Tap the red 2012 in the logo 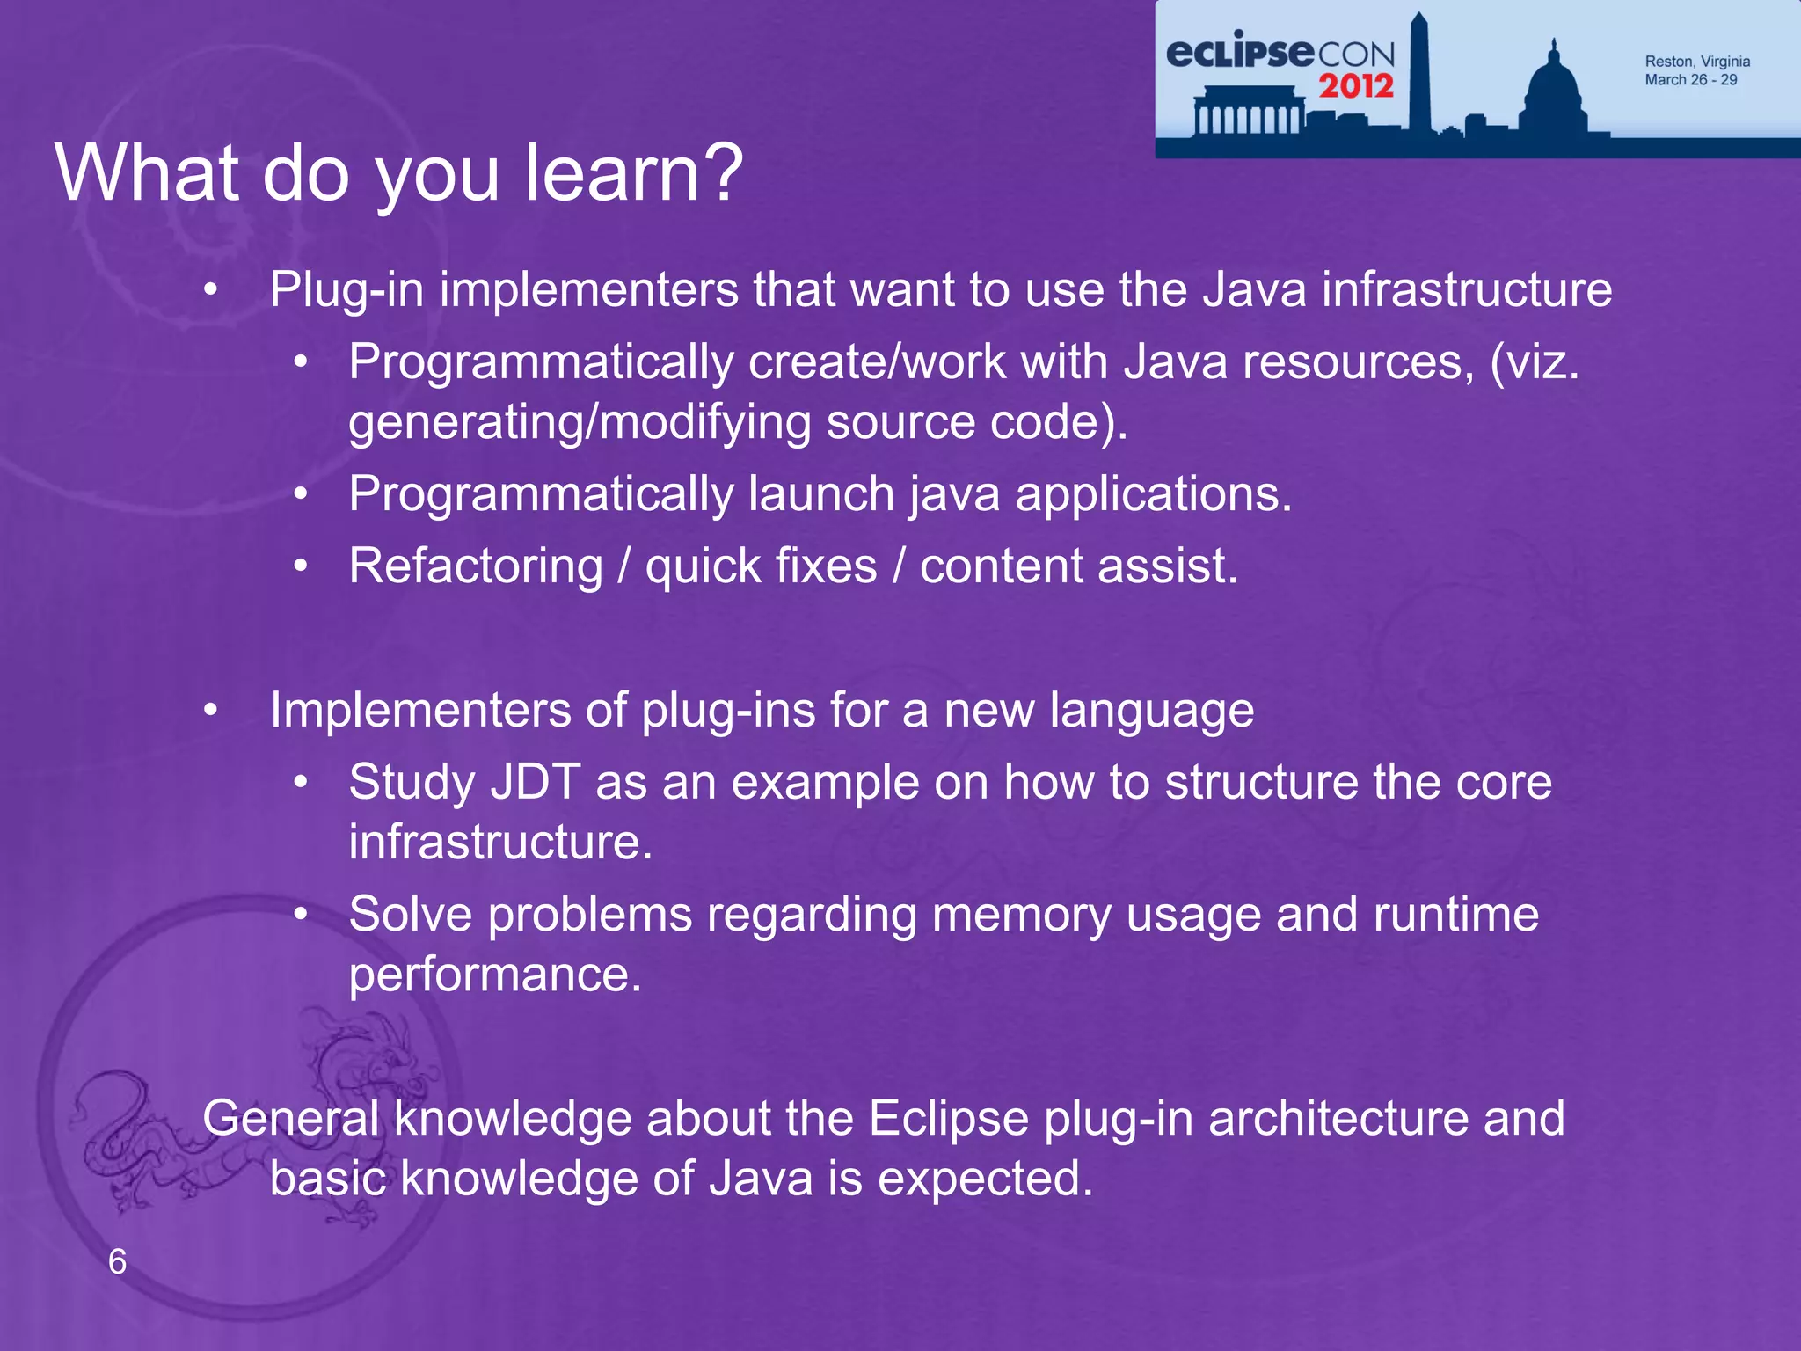point(1355,86)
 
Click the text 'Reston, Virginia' point(1696,62)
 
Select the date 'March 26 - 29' point(1690,80)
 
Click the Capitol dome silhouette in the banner point(1555,92)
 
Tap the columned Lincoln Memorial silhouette point(1247,113)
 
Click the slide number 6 point(117,1261)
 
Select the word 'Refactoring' point(476,566)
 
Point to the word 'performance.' point(495,975)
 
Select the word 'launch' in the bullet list point(821,493)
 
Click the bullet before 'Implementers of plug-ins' point(209,710)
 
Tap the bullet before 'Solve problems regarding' point(301,915)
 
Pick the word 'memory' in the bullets point(1021,915)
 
